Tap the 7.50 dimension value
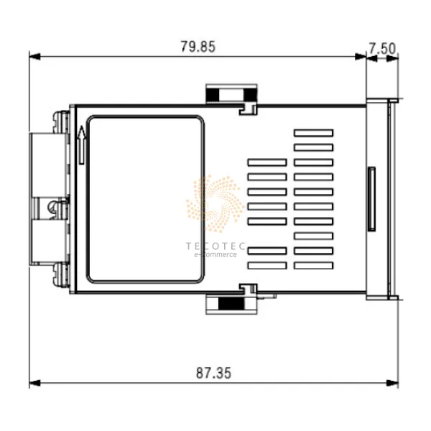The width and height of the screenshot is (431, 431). click(x=382, y=48)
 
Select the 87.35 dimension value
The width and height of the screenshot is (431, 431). click(x=214, y=374)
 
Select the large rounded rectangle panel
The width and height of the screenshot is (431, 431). click(x=146, y=200)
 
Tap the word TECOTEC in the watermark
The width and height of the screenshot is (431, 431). click(x=215, y=246)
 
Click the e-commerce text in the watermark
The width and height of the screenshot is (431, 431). click(x=215, y=254)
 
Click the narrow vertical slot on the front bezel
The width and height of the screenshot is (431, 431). click(x=371, y=199)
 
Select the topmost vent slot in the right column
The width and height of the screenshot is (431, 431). click(x=313, y=133)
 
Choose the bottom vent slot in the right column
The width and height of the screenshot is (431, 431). click(x=313, y=265)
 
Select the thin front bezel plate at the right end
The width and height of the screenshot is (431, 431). click(x=392, y=199)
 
